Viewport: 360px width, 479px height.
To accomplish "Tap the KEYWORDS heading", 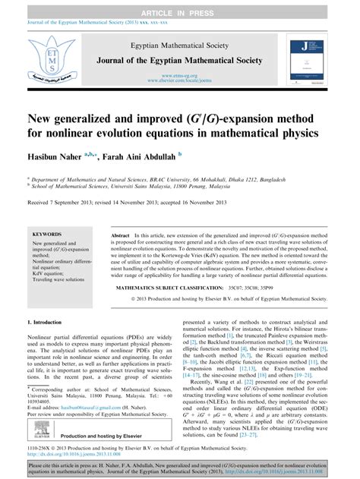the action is (x=46, y=235).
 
